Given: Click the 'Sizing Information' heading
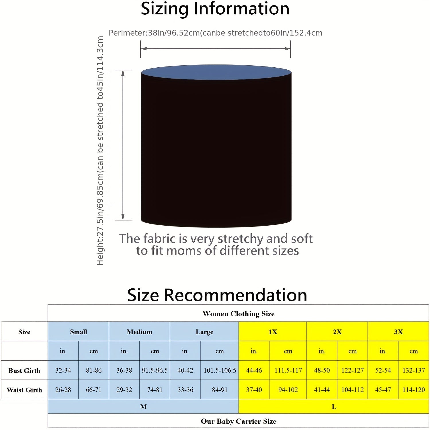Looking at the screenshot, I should (x=215, y=9).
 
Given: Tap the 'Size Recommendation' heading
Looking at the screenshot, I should (x=217, y=295).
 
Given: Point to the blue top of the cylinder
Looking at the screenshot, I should (x=216, y=72).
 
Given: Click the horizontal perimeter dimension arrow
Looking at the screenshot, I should (x=216, y=48).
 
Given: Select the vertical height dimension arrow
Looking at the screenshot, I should (x=123, y=145).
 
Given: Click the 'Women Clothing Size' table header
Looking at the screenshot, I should (x=239, y=314).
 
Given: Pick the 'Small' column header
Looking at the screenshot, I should (x=78, y=332).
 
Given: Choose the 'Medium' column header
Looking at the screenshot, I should (x=139, y=332).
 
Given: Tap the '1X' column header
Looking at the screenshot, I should (x=273, y=332).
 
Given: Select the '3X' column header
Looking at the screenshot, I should (x=398, y=332).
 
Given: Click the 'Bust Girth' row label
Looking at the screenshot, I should (x=24, y=370).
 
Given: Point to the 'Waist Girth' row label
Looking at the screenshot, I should (x=24, y=390).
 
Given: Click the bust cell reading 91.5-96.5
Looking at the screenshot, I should (x=155, y=370).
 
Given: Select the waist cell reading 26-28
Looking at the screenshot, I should (x=63, y=390).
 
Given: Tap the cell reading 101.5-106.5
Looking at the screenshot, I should (x=220, y=370).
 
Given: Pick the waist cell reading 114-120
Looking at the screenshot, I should (x=413, y=390).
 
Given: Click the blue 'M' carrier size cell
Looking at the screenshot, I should (x=143, y=406).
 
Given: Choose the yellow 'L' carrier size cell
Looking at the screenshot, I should (x=334, y=406).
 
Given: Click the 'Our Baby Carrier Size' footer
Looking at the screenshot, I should (x=239, y=421).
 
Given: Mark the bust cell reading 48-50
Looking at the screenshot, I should (x=322, y=370).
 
